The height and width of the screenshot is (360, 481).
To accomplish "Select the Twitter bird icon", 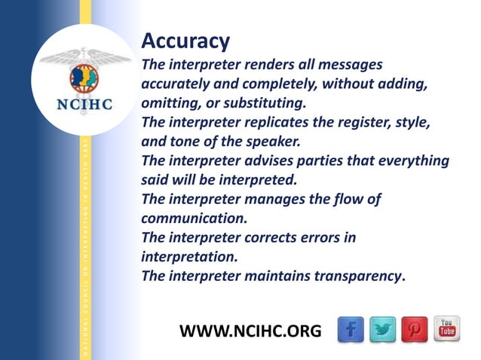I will coord(384,328).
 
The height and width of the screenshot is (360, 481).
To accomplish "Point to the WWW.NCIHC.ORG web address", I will coord(250,330).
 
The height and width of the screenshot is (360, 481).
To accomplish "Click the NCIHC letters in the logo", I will coord(85,104).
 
